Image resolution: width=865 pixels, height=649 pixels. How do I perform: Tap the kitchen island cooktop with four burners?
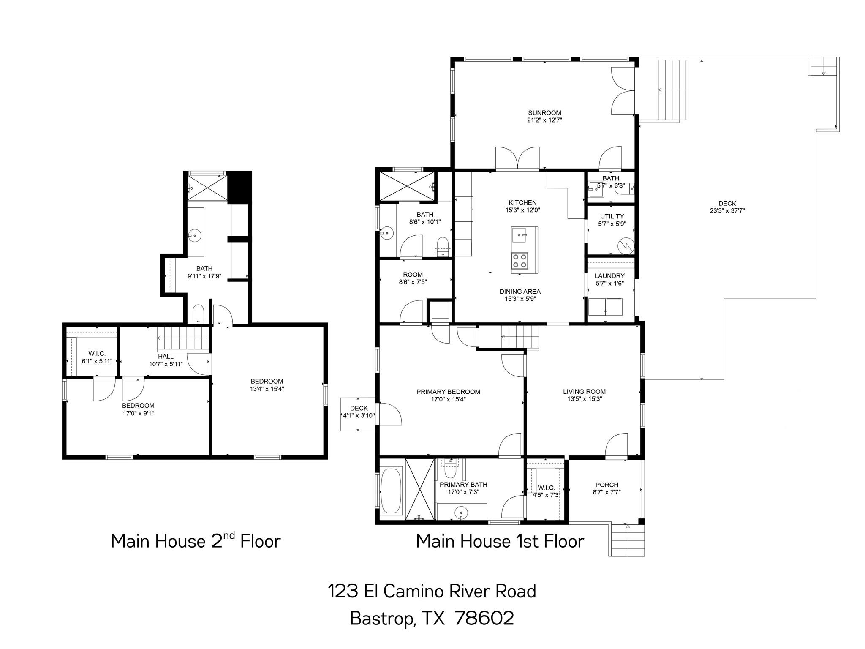coord(520,261)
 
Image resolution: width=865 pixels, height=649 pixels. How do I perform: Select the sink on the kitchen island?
coord(519,235)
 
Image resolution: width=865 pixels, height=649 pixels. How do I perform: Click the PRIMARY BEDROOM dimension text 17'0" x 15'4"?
coord(448,399)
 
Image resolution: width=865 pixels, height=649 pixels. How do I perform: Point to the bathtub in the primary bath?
coord(392,490)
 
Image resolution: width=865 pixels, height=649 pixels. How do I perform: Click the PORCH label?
coord(607,485)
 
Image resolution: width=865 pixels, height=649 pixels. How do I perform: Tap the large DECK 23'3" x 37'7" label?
coord(727,203)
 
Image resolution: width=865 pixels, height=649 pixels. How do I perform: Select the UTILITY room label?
coord(612,216)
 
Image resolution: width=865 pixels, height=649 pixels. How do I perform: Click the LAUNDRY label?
coord(609,276)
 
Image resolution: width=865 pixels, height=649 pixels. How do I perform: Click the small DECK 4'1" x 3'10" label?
coord(359,408)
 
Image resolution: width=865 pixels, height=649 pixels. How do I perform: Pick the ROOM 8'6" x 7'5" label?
coord(413,275)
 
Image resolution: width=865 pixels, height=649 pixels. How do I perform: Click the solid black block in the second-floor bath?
coord(239,187)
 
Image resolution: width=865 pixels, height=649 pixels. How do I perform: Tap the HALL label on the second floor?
coord(166,357)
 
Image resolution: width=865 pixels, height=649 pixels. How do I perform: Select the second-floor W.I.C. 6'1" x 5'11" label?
coord(97,354)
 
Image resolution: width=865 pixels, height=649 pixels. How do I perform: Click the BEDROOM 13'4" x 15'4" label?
coord(267,382)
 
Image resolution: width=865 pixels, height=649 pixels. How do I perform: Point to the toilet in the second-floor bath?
coord(198,314)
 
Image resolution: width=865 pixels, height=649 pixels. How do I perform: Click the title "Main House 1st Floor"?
coord(500,541)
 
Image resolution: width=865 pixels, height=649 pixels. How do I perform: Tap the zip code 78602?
coord(484,618)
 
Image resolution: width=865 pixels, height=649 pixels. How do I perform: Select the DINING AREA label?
coord(520,292)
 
